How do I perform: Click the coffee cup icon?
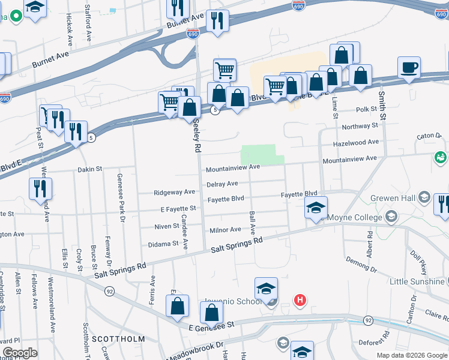tap(409, 67)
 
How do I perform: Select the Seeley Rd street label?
tap(196, 137)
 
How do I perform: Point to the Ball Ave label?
tap(252, 222)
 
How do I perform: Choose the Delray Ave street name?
tap(222, 184)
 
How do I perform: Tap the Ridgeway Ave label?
tap(174, 192)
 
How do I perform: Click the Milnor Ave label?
tap(225, 230)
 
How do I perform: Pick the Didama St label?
tap(163, 244)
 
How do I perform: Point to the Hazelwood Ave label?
tap(356, 142)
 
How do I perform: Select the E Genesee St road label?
tap(211, 328)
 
